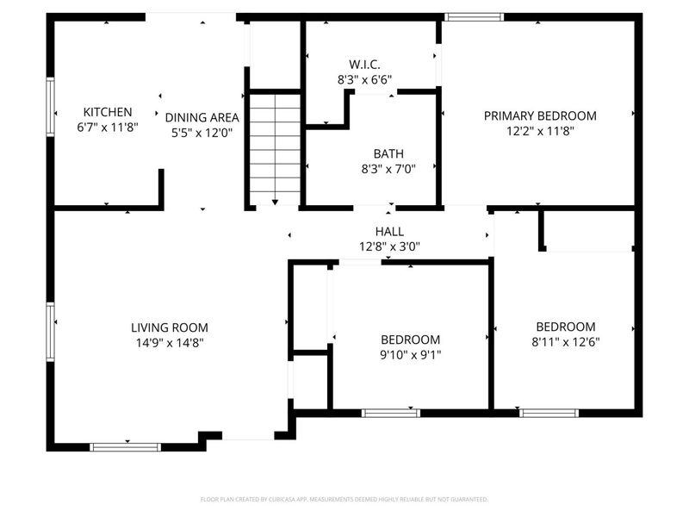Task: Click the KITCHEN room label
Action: click(108, 112)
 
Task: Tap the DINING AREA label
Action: click(202, 117)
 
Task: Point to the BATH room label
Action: click(388, 154)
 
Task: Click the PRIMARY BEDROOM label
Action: click(540, 116)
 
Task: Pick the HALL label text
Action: click(390, 232)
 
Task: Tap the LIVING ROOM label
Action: click(170, 327)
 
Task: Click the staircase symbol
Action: click(275, 147)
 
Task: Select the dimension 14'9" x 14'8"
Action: click(170, 342)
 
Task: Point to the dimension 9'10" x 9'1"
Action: click(411, 354)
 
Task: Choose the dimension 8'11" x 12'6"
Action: click(566, 341)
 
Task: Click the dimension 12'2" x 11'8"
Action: click(540, 131)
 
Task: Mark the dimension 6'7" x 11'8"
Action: click(108, 127)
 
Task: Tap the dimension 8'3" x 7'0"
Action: click(388, 169)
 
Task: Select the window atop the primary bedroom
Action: click(474, 16)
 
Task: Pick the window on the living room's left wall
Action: click(50, 331)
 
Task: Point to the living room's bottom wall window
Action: click(126, 446)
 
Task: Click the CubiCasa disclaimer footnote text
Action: click(344, 499)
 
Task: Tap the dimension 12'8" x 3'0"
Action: click(390, 246)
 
